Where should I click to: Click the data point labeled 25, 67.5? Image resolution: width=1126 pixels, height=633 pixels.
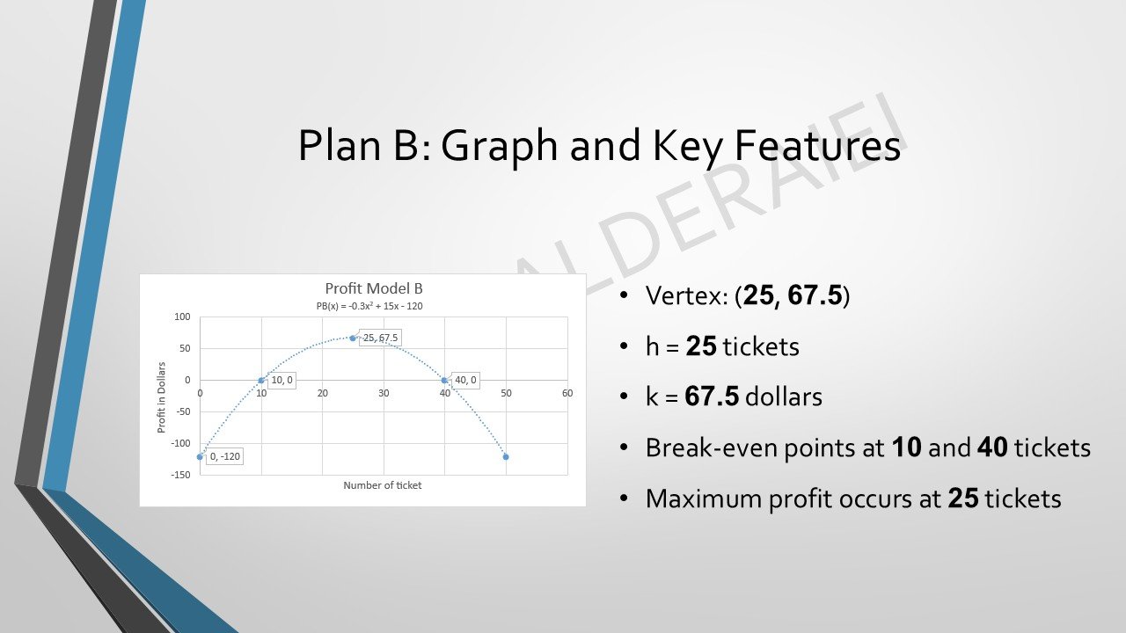pyautogui.click(x=353, y=338)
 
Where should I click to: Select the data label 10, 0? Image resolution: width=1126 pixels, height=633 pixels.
pyautogui.click(x=281, y=381)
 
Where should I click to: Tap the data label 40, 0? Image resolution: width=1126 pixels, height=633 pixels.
pyautogui.click(x=465, y=381)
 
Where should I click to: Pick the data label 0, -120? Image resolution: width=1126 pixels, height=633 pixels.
pyautogui.click(x=224, y=456)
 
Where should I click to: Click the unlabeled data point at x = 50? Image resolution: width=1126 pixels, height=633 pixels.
pyautogui.click(x=506, y=457)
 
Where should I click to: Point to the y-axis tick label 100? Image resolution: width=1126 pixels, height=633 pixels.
pyautogui.click(x=182, y=317)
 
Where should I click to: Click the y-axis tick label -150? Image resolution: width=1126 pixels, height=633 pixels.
pyautogui.click(x=180, y=476)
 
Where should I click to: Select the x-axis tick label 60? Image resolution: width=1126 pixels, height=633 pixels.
pyautogui.click(x=567, y=393)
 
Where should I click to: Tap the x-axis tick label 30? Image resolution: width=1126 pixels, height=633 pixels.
pyautogui.click(x=384, y=393)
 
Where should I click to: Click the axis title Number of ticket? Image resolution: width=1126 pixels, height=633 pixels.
pyautogui.click(x=383, y=485)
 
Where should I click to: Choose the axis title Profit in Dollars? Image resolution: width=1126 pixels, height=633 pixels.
pyautogui.click(x=162, y=397)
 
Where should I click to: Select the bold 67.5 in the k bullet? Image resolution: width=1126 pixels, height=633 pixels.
pyautogui.click(x=711, y=397)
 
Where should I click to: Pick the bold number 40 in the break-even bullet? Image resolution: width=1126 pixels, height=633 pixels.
pyautogui.click(x=992, y=447)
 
